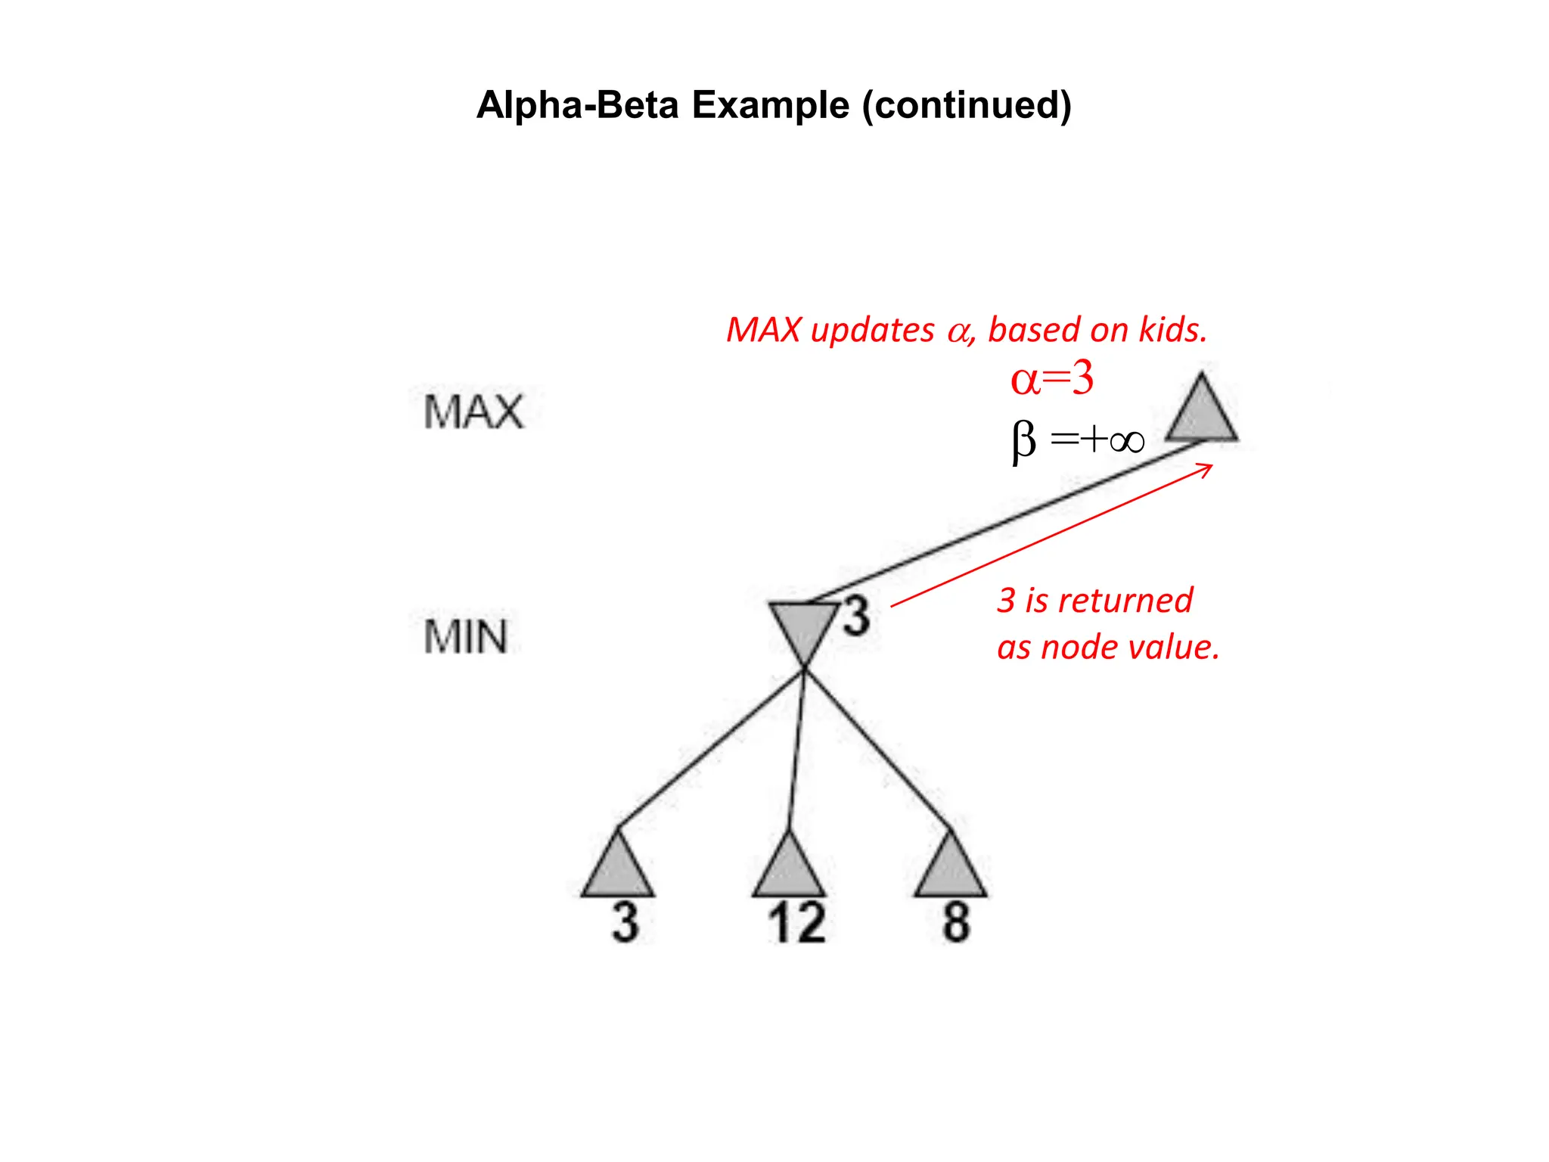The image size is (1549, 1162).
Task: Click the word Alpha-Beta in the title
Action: pos(577,105)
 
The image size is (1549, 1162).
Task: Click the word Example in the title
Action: pos(770,105)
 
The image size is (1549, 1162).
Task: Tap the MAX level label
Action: pos(473,412)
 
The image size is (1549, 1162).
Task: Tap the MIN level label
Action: pos(465,636)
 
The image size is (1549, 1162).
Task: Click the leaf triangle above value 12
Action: pos(789,871)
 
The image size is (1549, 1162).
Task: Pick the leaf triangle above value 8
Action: pos(951,871)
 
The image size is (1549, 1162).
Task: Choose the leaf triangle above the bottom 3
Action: pos(618,871)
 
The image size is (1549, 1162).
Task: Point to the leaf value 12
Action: pos(796,923)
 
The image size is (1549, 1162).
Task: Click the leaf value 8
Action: pos(956,923)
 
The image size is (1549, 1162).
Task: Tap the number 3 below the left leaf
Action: pos(625,923)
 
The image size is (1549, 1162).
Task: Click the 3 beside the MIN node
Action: pos(856,616)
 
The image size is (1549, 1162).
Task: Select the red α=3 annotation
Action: pos(1052,378)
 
